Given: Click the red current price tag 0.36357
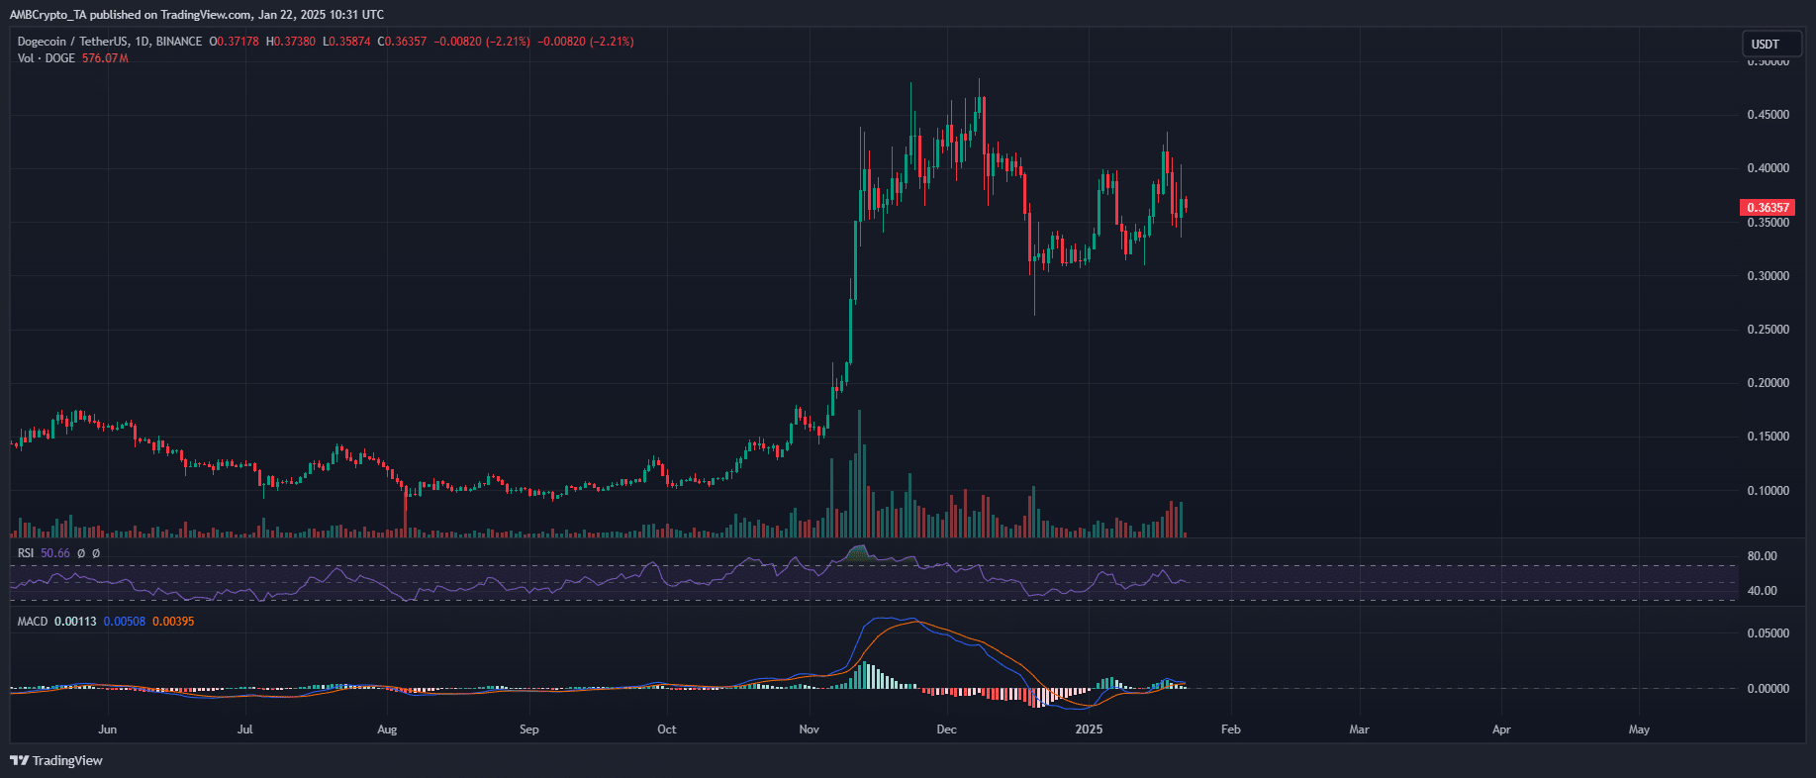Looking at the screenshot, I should (1767, 208).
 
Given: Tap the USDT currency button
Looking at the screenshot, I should (1766, 44).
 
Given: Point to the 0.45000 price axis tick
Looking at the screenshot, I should (1768, 115).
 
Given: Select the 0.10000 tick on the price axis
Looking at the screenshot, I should (1768, 491).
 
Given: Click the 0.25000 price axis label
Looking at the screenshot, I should (1768, 330).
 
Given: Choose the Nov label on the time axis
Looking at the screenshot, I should (810, 729).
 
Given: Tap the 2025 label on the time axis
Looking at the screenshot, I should (1089, 729).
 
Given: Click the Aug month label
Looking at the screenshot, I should (387, 729).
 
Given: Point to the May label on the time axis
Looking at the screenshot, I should (1639, 729).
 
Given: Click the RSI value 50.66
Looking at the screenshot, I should (55, 553).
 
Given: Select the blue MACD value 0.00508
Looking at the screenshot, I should (125, 622).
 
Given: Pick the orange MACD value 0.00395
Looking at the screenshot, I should (173, 622).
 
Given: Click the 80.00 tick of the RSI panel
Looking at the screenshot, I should (1762, 556).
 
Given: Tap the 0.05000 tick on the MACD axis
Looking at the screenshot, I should (1768, 633).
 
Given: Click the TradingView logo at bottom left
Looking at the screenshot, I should (56, 760).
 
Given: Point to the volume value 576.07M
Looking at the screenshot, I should (105, 58).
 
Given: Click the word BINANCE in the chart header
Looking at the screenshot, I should (178, 42).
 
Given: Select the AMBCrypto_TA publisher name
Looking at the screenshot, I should (48, 15).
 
